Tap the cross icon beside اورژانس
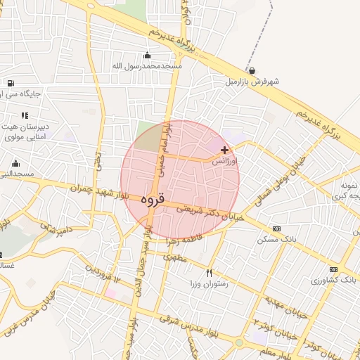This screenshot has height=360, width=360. (x=224, y=150)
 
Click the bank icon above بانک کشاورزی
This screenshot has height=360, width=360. (x=333, y=269)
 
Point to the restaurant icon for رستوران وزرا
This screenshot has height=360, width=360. (x=209, y=272)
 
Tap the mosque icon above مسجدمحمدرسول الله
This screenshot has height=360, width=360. (x=147, y=56)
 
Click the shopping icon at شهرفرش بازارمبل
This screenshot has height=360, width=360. (x=252, y=71)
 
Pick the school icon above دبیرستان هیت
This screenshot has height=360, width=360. (x=25, y=115)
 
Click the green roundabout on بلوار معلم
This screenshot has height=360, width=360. (x=239, y=342)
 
